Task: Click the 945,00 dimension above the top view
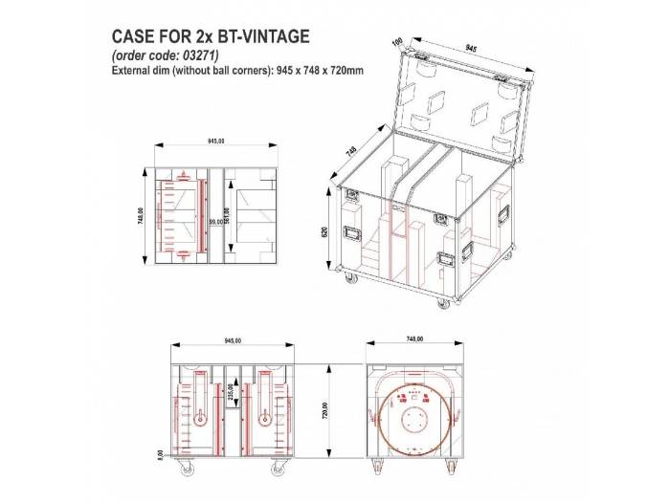pyautogui.click(x=215, y=142)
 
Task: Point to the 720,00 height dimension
pyautogui.click(x=325, y=409)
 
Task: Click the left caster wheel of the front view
pyautogui.click(x=185, y=469)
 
